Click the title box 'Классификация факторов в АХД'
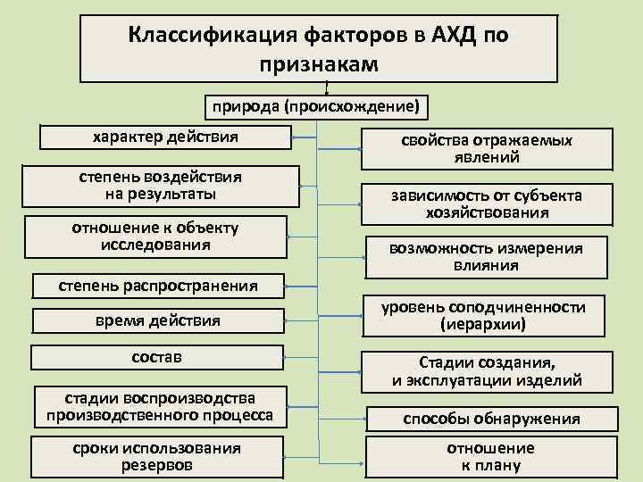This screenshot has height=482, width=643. click(320, 46)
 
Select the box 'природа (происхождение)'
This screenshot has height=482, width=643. click(314, 106)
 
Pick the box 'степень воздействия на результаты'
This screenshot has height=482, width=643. click(161, 185)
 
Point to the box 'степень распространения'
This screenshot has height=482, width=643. click(157, 286)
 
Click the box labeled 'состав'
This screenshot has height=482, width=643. click(157, 357)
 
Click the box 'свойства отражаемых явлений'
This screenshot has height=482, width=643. click(486, 149)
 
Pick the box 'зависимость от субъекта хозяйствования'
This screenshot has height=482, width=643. click(486, 204)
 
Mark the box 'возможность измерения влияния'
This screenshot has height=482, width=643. click(486, 256)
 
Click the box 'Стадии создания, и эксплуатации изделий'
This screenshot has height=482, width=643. click(487, 371)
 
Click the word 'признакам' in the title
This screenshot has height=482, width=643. click(320, 64)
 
